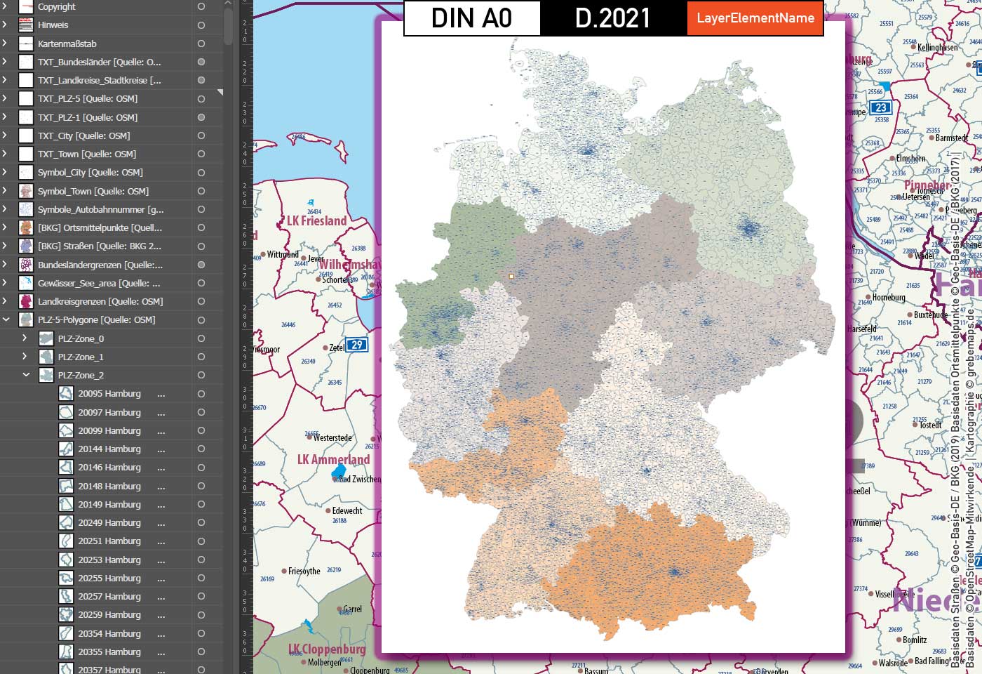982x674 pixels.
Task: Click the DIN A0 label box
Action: coord(471,18)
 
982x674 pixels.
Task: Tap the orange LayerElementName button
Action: coord(755,18)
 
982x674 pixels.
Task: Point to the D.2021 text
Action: coord(613,18)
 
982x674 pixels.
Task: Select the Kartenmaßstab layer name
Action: coord(67,44)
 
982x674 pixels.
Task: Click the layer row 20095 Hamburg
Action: coord(109,394)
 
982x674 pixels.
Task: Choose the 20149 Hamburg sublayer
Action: coord(109,504)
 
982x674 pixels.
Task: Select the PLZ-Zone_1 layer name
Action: coord(81,357)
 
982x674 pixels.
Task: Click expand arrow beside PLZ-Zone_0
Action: coord(25,338)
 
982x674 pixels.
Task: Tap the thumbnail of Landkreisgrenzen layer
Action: coord(26,302)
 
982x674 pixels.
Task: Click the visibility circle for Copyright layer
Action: coord(201,6)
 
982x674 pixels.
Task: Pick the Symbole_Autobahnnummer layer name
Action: coord(100,209)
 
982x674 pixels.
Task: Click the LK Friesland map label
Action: coord(316,220)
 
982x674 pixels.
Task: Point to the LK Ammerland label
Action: coord(333,459)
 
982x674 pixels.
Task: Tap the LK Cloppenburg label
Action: coord(327,649)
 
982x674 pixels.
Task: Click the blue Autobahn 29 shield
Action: coord(357,345)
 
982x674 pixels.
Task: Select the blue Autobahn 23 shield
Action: coord(880,107)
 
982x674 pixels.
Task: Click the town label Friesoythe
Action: coord(304,571)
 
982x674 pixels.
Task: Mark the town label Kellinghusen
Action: coord(937,47)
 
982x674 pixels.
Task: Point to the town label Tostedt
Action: coord(930,425)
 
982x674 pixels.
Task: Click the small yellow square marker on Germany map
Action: coord(511,277)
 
